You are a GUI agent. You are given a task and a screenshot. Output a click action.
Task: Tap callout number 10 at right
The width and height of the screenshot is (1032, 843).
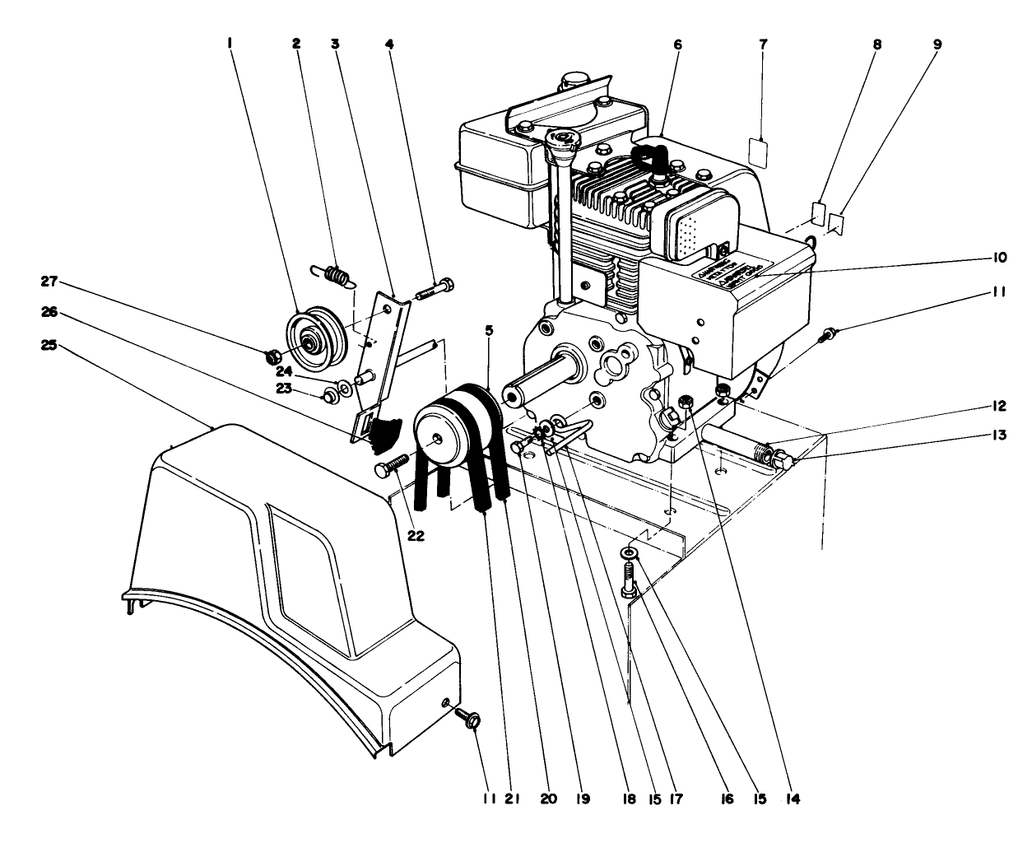tap(999, 258)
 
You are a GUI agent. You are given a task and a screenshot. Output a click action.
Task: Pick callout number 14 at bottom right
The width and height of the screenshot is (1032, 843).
tap(792, 799)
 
